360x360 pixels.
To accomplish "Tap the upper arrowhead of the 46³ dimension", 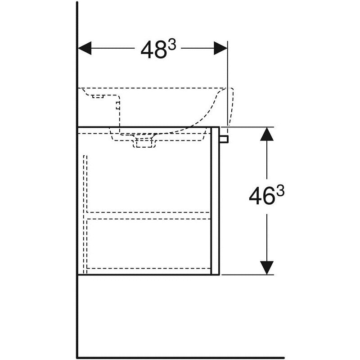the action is point(267,135).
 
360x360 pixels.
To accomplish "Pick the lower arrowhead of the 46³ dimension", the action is point(267,267).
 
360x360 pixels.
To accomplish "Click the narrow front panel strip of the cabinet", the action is point(215,200).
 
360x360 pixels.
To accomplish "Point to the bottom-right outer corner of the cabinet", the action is point(218,274).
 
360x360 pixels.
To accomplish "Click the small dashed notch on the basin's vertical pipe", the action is point(118,106).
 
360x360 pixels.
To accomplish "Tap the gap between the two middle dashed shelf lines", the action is point(148,215).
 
